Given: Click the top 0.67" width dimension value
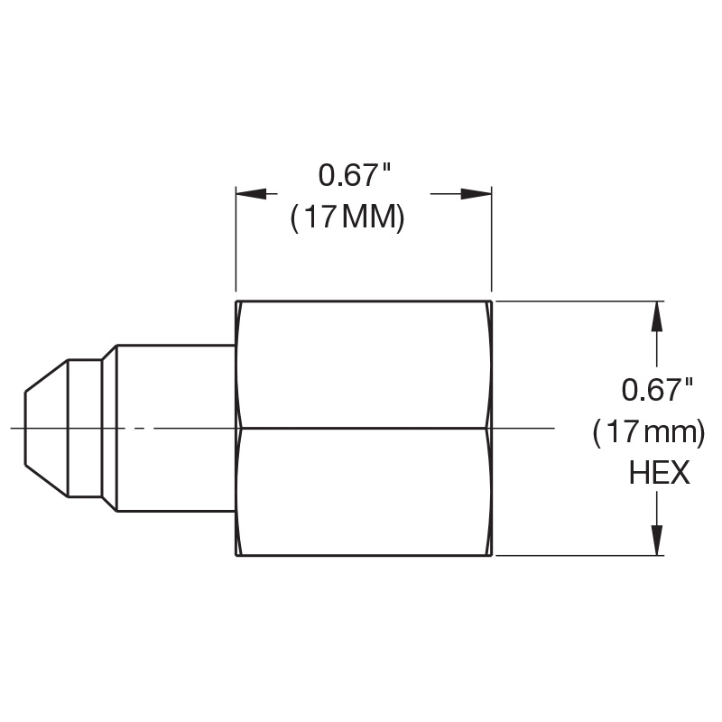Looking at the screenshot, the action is pos(354,175).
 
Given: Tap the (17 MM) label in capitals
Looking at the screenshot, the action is pos(347,217).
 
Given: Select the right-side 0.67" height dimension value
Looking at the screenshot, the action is pos(657,390).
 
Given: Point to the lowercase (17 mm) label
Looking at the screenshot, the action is pos(649,433).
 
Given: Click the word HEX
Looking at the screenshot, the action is pos(660,473).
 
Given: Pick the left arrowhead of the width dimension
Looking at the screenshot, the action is pos(251,194).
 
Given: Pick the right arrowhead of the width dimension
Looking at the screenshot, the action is pos(477,194).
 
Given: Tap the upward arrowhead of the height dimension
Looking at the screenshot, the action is pos(657,317).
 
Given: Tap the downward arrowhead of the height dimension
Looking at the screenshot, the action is pos(657,540).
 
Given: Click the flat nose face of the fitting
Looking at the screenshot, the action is pos(25,428).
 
